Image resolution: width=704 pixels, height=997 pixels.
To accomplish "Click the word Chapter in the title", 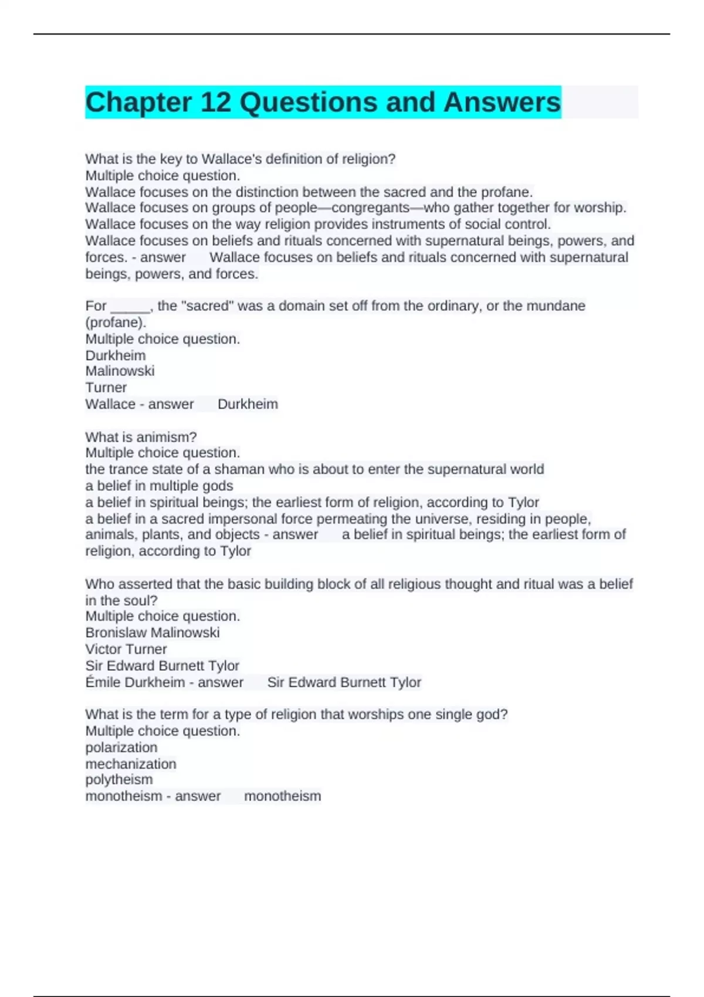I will (138, 103).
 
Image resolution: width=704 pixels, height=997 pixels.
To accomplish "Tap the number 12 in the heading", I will (215, 103).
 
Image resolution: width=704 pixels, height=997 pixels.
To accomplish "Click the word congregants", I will (371, 208).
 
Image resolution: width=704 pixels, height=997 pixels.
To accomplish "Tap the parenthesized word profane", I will (116, 323).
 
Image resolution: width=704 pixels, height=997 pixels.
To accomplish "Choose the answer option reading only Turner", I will (106, 388).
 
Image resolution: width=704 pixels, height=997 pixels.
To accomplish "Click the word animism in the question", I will (170, 437).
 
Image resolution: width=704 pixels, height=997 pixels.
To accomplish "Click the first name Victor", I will (101, 649).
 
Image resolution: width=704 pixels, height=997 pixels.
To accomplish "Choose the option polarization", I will (121, 748).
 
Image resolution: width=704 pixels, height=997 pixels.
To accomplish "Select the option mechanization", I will (131, 764).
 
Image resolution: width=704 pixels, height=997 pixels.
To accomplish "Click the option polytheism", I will (119, 780).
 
